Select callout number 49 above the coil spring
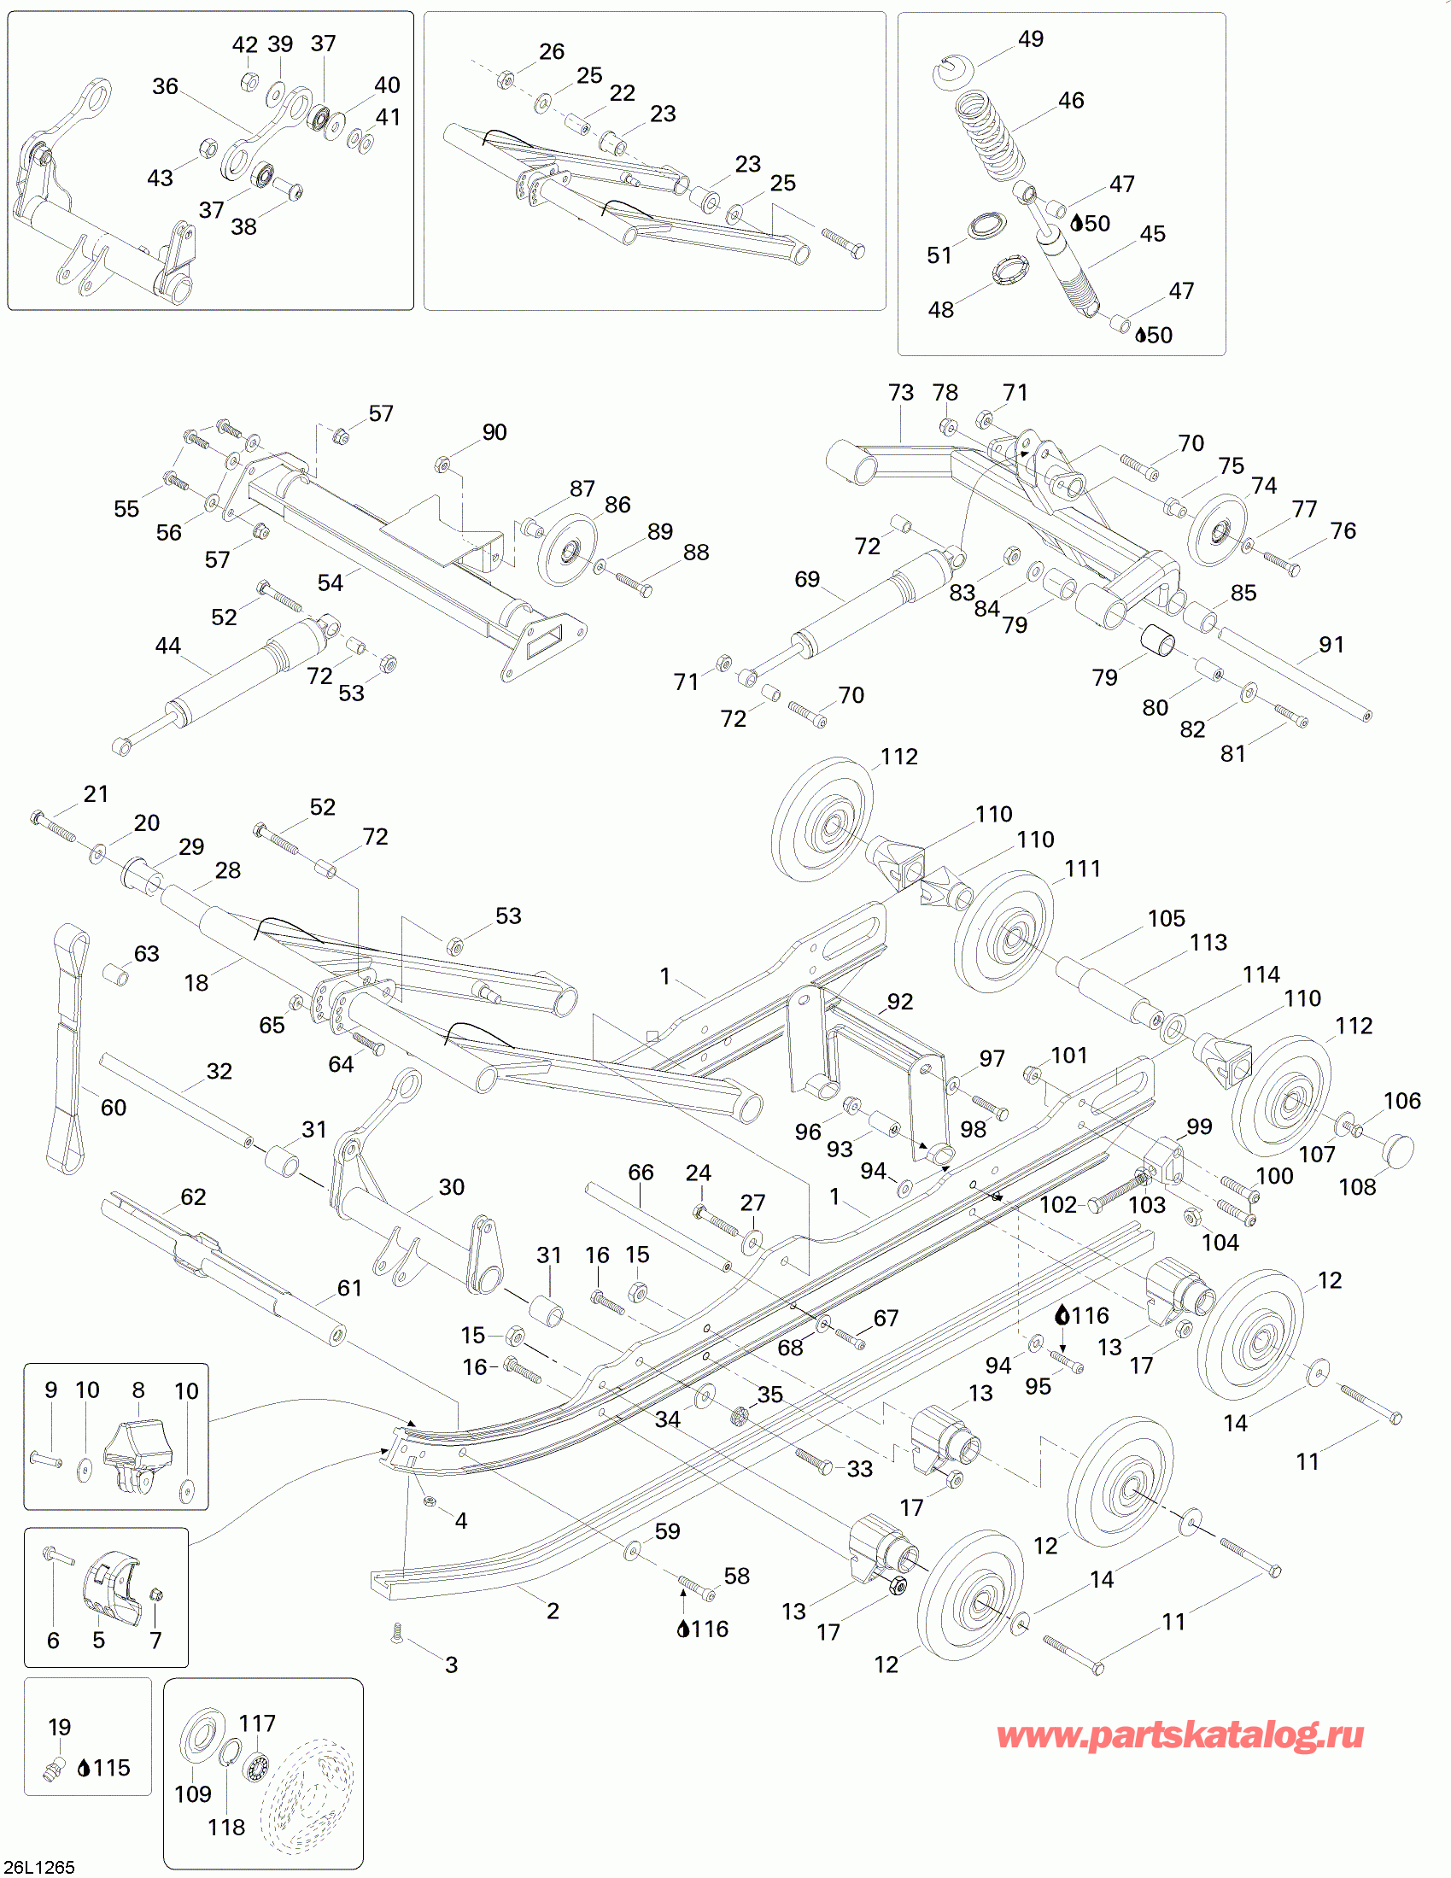click(1031, 38)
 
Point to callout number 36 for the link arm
click(165, 86)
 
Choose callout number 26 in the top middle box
click(552, 51)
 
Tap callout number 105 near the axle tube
click(1166, 918)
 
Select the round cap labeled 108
click(1397, 1150)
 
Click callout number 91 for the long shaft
click(1331, 644)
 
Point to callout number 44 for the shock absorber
click(167, 645)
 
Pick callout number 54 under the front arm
click(330, 582)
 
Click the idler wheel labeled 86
click(567, 549)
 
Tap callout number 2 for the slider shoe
click(553, 1611)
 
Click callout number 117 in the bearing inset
click(256, 1723)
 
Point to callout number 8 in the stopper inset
click(137, 1389)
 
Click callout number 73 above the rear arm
click(900, 392)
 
